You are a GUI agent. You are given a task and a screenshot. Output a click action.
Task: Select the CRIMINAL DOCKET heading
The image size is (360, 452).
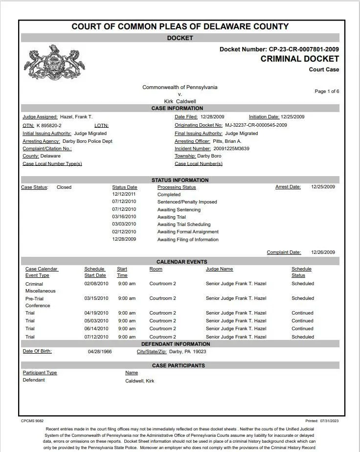[299, 59]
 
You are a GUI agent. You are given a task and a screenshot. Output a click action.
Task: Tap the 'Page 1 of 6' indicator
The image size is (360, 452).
[327, 91]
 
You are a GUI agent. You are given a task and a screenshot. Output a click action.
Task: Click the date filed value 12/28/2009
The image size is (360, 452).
[212, 117]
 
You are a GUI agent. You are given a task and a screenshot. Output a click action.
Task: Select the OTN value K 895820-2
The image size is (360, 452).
[49, 125]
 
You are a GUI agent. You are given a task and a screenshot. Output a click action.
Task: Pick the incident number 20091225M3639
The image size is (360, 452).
[231, 149]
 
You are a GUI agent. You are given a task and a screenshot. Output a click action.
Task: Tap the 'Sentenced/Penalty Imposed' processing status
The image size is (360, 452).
[187, 202]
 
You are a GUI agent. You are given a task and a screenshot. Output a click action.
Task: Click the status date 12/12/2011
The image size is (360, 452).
[124, 194]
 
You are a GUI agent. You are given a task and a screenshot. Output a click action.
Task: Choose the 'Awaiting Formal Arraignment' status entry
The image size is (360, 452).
[188, 232]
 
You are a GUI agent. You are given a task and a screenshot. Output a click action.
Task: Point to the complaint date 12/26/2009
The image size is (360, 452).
[323, 252]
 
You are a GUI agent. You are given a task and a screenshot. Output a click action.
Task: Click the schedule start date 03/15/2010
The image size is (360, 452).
[96, 298]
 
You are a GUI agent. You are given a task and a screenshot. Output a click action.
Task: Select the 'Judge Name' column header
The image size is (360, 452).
[219, 269]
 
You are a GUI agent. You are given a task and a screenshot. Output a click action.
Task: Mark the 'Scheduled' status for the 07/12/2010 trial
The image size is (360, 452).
[303, 337]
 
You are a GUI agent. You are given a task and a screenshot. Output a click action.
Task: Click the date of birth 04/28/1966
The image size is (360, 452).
[100, 352]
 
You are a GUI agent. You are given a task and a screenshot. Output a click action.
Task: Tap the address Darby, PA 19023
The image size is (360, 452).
[187, 352]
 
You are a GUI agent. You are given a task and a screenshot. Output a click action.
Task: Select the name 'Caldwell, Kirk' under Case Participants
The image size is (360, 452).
[139, 381]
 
